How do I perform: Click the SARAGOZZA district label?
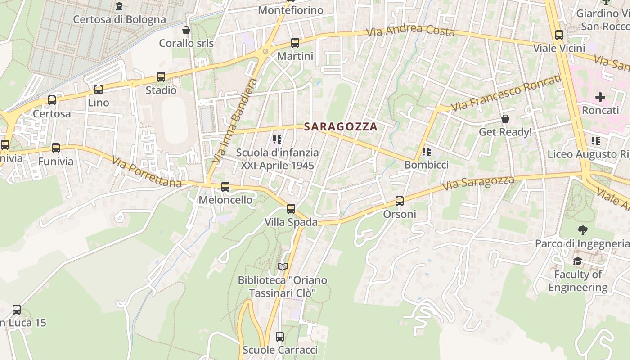(x=341, y=127)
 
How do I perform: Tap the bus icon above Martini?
(x=295, y=43)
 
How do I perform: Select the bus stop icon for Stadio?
(x=161, y=77)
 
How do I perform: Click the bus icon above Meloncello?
(x=225, y=186)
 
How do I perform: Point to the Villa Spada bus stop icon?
(x=291, y=209)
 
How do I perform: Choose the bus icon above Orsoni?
(x=400, y=201)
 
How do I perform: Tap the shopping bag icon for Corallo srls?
(x=186, y=30)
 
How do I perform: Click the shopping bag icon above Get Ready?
(x=505, y=119)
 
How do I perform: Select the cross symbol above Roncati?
(x=600, y=97)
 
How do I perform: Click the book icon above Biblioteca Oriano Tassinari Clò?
(x=283, y=267)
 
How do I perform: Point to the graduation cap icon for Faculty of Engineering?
(x=578, y=261)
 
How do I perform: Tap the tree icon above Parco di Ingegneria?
(x=583, y=230)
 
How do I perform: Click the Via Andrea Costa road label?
(x=410, y=31)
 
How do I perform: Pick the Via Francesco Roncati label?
(x=506, y=93)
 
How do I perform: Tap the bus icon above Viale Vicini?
(x=559, y=35)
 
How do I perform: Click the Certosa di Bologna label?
(x=119, y=19)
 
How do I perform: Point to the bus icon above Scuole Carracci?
(x=280, y=336)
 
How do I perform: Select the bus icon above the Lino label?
(x=99, y=90)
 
